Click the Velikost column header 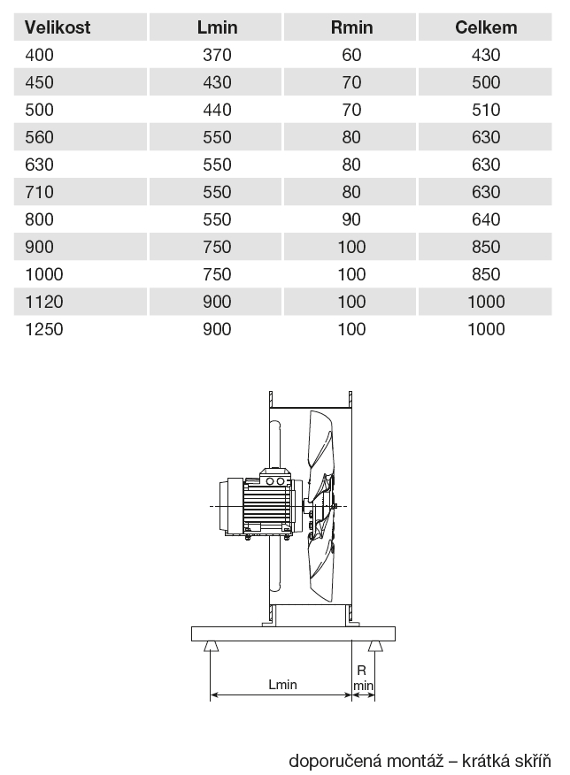58,27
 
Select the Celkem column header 486,27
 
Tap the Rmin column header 351,27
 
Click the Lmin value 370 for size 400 217,55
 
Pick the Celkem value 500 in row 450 486,82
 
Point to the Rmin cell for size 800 351,219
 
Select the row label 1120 44,302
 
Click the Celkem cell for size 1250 486,329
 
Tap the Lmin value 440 217,110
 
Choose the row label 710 39,192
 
